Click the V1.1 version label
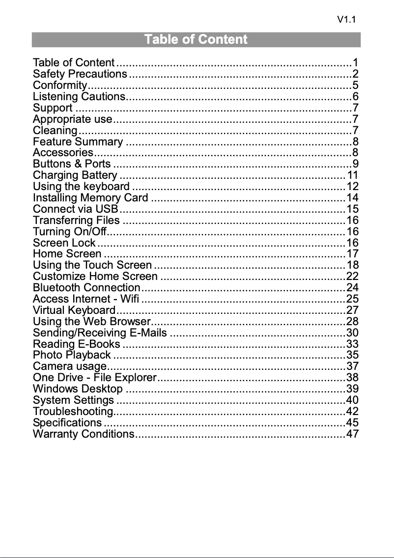346,20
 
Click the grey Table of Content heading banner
196,40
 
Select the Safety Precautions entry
80,74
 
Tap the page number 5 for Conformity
355,85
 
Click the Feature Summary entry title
78,142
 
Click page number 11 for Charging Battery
352,175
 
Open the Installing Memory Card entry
90,198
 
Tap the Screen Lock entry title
64,243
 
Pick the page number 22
352,277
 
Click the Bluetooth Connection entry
86,288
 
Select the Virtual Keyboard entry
74,310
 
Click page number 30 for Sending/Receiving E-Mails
352,333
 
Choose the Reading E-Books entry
76,344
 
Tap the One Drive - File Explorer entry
94,378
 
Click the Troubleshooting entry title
73,411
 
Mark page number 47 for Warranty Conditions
352,434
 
